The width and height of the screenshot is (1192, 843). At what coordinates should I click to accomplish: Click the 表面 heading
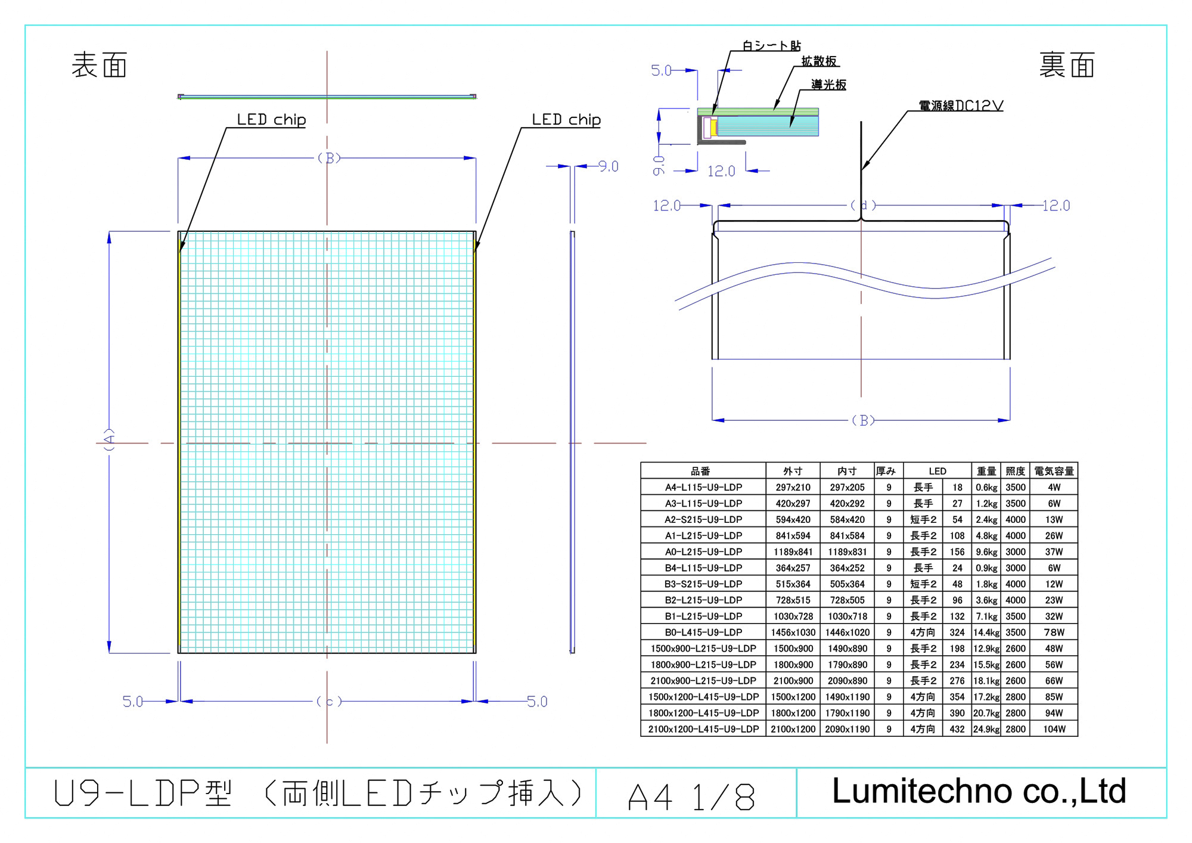coord(99,65)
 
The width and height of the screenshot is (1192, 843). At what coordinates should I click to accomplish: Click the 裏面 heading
coord(1067,65)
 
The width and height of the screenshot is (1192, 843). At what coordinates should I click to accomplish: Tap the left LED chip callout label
coord(271,120)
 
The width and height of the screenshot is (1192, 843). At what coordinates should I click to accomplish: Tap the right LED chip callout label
coord(566,120)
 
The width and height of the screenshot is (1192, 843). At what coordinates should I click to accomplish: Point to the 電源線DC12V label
coord(961,106)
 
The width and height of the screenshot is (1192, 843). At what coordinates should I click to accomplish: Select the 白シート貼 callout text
coord(771,46)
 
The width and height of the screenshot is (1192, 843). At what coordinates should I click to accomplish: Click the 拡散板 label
coord(819,61)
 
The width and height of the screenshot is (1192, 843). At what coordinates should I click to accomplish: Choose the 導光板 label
coord(828,85)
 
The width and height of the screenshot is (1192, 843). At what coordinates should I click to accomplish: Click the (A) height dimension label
coord(109,439)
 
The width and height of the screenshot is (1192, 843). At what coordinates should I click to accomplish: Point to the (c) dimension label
coord(329,701)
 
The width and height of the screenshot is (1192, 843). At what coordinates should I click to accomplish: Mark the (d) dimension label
coord(863,206)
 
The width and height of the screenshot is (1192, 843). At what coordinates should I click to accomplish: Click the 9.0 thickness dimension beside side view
coord(608,166)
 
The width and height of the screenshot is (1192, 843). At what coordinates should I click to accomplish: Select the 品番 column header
coord(700,471)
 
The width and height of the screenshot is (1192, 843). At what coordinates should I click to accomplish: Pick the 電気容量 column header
coord(1054,471)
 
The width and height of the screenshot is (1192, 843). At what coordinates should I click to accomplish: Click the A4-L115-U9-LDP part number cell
coord(703,487)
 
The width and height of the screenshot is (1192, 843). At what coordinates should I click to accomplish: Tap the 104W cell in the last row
coord(1054,729)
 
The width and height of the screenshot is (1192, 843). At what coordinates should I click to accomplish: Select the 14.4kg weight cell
coord(986,633)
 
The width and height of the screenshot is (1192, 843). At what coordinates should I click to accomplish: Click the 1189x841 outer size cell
coord(793,552)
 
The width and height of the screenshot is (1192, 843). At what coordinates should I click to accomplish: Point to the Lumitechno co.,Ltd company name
coord(979,791)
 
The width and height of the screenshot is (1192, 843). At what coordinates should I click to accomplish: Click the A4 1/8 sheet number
coord(691,796)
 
